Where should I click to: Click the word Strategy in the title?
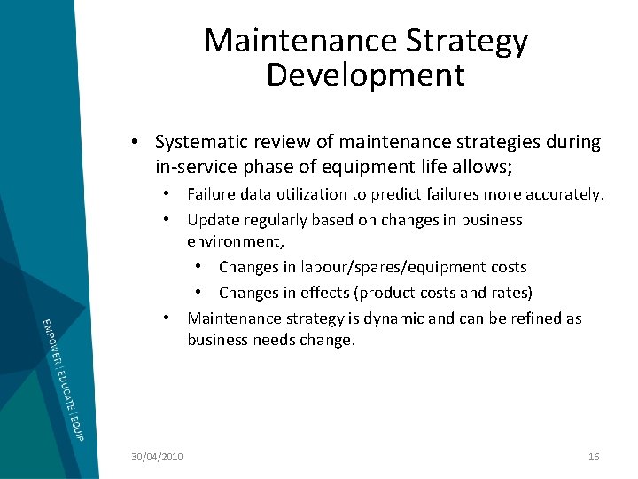coord(466,41)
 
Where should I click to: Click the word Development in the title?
coord(365,75)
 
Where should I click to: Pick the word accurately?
coord(564,194)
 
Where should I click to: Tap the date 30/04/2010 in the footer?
coord(157,456)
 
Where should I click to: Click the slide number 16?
coord(594,456)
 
